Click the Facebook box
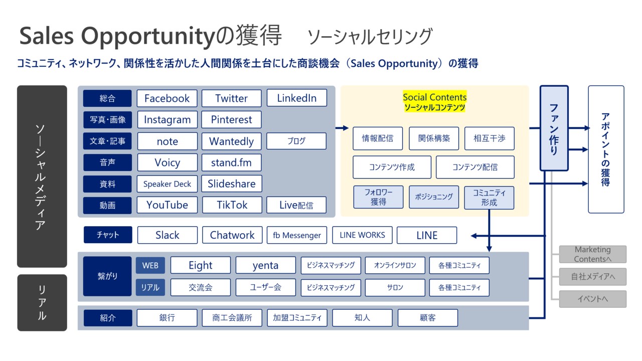point(167,98)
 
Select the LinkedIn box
point(297,98)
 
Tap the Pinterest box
point(231,120)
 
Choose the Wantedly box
point(231,141)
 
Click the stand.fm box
point(231,162)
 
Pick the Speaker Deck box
point(167,184)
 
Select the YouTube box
point(167,205)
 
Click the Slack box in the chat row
point(167,235)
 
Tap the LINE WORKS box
point(362,235)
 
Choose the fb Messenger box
point(297,235)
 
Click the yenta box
point(265,265)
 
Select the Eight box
point(200,265)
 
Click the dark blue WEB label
point(150,265)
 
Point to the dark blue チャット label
point(107,235)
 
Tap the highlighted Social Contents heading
point(434,97)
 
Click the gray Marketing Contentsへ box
point(593,254)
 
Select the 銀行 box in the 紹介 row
point(167,318)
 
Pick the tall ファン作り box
point(554,128)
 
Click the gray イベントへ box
point(593,299)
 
